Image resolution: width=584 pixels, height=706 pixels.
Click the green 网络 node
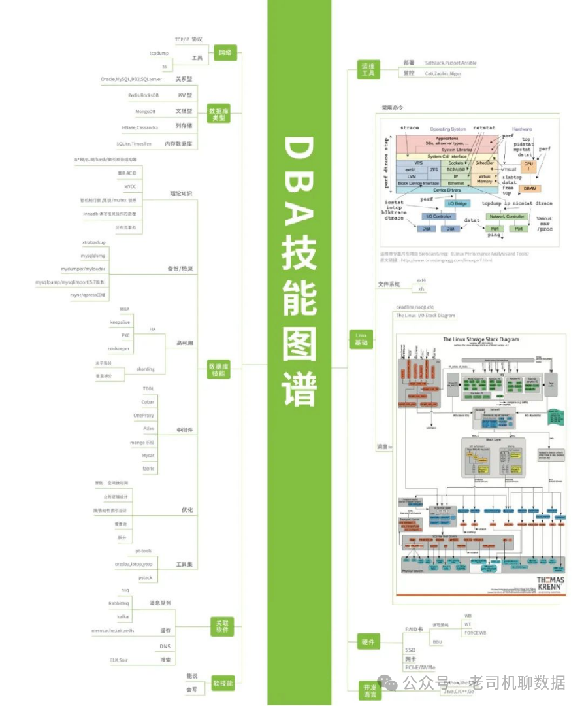[225, 51]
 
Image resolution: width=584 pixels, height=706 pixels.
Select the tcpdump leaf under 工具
[159, 53]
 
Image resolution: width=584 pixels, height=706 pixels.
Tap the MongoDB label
[145, 112]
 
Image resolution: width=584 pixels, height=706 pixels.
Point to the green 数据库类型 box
[220, 114]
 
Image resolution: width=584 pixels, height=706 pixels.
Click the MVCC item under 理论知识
[130, 186]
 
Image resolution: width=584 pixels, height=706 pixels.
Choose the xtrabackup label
[93, 243]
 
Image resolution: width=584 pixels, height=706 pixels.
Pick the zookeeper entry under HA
[118, 349]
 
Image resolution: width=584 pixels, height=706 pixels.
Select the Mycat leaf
[148, 455]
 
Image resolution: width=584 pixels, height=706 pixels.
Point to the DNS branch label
[165, 647]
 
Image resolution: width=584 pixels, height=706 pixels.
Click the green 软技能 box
[222, 684]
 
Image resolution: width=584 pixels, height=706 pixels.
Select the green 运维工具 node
[368, 70]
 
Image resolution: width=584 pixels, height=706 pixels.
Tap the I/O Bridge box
[457, 203]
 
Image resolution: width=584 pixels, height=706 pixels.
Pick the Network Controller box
[506, 216]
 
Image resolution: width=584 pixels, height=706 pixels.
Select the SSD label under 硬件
[410, 650]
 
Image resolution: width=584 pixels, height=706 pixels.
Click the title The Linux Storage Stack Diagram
[481, 339]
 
